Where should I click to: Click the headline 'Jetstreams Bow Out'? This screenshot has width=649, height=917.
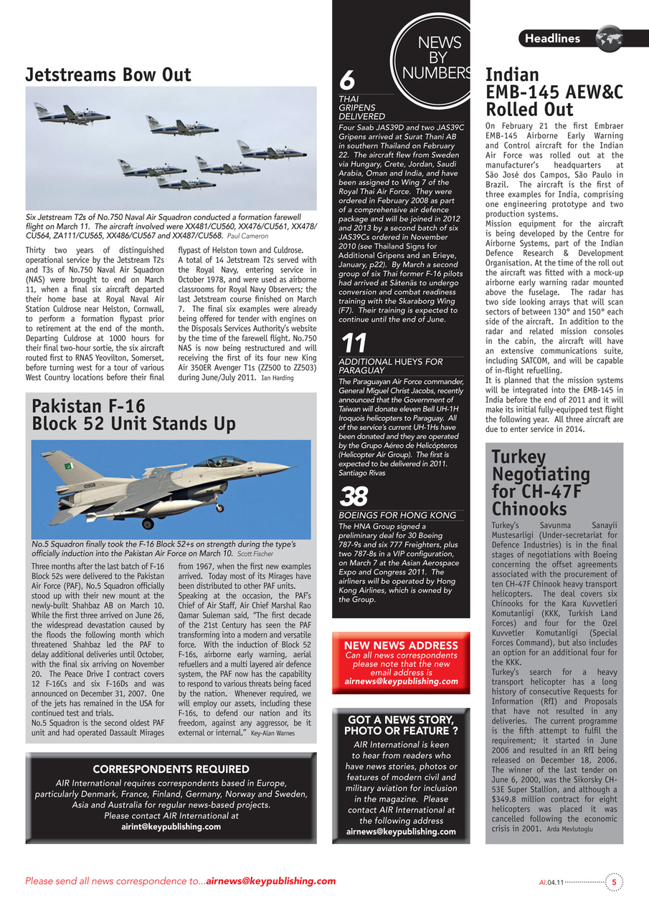pyautogui.click(x=108, y=75)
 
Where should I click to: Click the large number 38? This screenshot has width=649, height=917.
pyautogui.click(x=354, y=496)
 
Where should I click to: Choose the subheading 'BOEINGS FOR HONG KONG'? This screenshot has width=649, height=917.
pyautogui.click(x=397, y=515)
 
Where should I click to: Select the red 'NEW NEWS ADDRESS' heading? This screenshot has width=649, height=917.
pyautogui.click(x=401, y=645)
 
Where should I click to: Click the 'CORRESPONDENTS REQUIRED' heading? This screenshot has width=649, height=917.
pyautogui.click(x=171, y=769)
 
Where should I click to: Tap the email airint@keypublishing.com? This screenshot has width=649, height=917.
pyautogui.click(x=171, y=826)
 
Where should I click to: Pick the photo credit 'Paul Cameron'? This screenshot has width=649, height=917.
pyautogui.click(x=247, y=236)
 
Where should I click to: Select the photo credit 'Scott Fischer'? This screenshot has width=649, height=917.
pyautogui.click(x=255, y=554)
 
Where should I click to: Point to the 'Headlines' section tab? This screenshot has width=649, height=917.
pyautogui.click(x=552, y=38)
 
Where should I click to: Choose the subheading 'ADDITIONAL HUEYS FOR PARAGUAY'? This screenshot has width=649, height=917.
pyautogui.click(x=391, y=366)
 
